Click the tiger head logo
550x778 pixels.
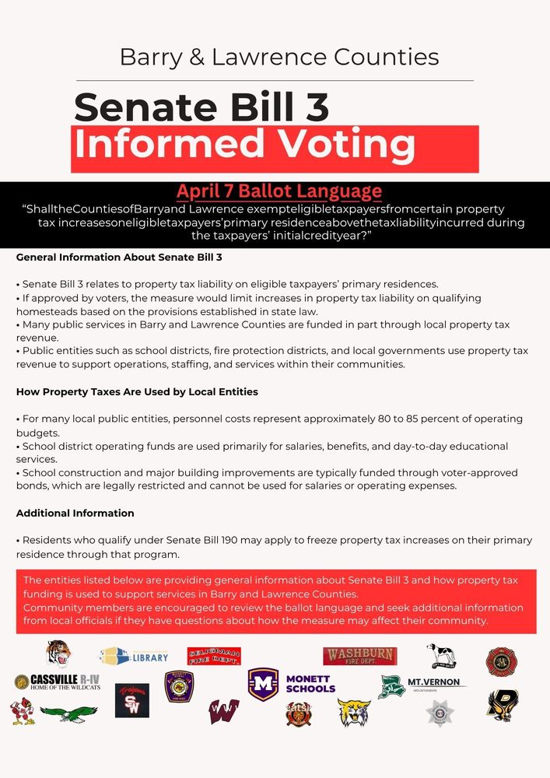pyautogui.click(x=58, y=654)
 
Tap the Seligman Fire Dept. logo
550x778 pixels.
pyautogui.click(x=214, y=656)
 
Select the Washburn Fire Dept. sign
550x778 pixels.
pyautogui.click(x=359, y=656)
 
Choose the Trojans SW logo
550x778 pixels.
pyautogui.click(x=131, y=700)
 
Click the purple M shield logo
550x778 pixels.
pyautogui.click(x=263, y=684)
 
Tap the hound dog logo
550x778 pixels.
pyautogui.click(x=441, y=656)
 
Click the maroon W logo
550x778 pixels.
pyautogui.click(x=223, y=711)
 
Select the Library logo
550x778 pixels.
pyautogui.click(x=133, y=656)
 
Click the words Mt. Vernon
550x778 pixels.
pyautogui.click(x=436, y=682)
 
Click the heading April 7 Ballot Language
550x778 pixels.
pyautogui.click(x=279, y=191)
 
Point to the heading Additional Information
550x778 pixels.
pyautogui.click(x=75, y=513)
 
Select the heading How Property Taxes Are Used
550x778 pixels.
pyautogui.click(x=137, y=391)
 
